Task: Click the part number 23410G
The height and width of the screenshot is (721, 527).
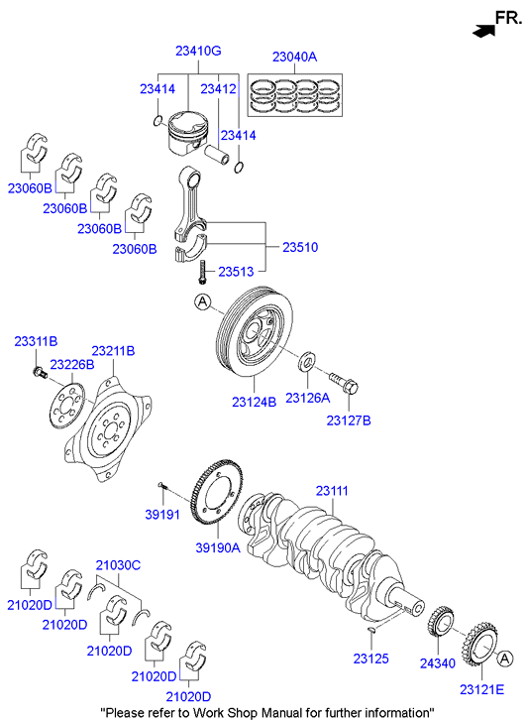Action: [198, 51]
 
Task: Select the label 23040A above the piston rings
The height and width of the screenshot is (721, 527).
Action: [294, 57]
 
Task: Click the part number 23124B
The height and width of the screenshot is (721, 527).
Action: [255, 402]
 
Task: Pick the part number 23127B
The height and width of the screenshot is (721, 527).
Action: [349, 421]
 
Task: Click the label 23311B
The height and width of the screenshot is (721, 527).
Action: [36, 341]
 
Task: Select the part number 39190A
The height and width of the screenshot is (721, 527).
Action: [217, 547]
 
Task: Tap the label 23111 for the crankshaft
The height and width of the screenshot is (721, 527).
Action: [332, 491]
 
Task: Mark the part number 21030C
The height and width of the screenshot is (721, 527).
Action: [118, 565]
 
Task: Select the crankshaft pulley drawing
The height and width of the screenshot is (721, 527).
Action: [249, 334]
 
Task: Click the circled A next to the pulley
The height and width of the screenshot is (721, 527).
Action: [202, 300]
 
